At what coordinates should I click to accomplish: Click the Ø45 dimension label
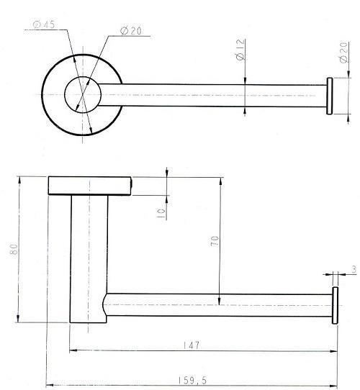pos(44,24)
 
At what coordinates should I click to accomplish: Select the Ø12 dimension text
pos(240,50)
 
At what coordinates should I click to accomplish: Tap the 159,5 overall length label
pos(192,381)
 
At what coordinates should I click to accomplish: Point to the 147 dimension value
pos(192,345)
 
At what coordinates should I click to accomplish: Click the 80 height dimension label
pos(14,249)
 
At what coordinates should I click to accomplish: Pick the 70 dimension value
pos(215,241)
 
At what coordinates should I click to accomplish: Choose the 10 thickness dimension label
pos(161,214)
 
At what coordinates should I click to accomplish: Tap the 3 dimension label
pos(354,269)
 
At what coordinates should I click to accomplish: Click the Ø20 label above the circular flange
pos(131,31)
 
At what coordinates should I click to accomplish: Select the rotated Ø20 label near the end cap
pos(343,53)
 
